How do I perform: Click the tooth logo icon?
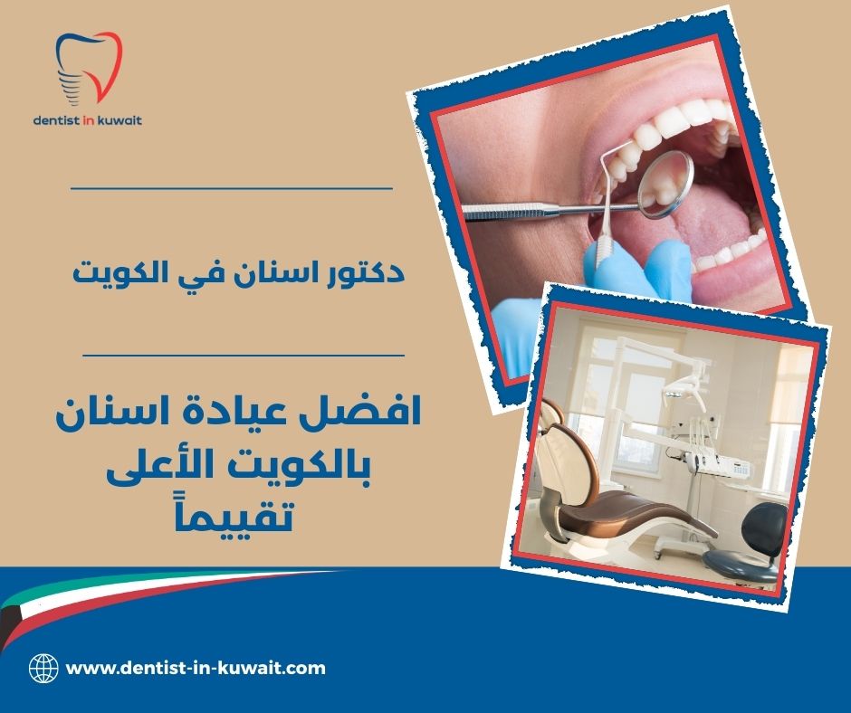click(x=88, y=67)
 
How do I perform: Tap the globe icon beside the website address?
click(x=43, y=669)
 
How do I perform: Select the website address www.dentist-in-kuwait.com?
click(x=196, y=669)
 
